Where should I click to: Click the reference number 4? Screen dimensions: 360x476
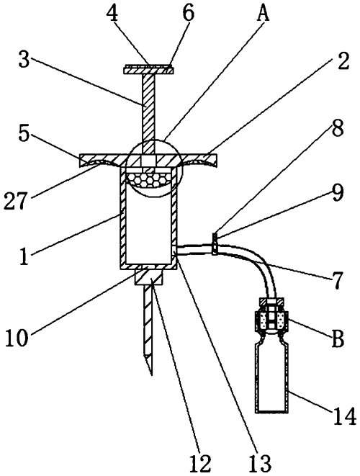tap(113, 13)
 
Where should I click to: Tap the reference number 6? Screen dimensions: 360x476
tap(188, 13)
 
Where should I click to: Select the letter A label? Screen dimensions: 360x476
tap(263, 13)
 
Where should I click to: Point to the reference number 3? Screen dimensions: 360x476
tap(24, 60)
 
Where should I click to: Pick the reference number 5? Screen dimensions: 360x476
tap(25, 133)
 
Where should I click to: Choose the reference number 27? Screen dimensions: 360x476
tap(15, 200)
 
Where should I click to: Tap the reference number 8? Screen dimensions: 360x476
tap(337, 127)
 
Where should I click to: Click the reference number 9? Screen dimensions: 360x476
tap(337, 193)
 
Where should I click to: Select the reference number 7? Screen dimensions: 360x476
tap(336, 280)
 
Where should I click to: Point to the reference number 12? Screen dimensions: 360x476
tap(199, 464)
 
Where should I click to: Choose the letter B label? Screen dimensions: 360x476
tap(337, 338)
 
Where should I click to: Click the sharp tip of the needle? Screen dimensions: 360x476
tap(151, 375)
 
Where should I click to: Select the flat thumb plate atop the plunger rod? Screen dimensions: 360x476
tap(148, 70)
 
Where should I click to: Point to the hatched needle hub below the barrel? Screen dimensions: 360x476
tap(149, 277)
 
